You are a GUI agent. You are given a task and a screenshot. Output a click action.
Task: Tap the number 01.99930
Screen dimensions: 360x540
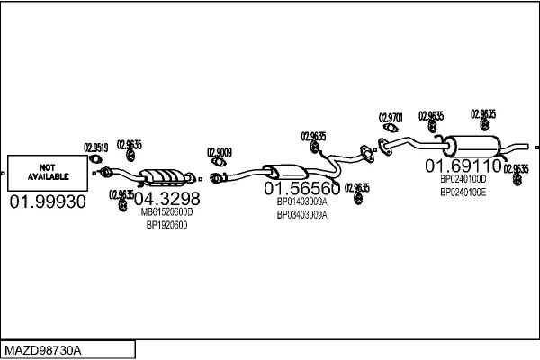point(47,202)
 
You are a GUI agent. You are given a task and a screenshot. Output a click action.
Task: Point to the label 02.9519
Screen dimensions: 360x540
point(96,148)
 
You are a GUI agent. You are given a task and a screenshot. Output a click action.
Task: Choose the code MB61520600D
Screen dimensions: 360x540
point(166,212)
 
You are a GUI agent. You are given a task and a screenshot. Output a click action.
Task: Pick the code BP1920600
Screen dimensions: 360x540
point(166,225)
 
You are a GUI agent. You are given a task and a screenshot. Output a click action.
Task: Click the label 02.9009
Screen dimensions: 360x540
point(220,151)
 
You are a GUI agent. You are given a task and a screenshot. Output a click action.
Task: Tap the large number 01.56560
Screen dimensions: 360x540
point(301,190)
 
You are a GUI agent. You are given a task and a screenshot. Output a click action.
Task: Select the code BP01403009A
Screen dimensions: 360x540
point(301,203)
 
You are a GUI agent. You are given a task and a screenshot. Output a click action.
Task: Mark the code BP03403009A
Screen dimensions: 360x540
point(301,215)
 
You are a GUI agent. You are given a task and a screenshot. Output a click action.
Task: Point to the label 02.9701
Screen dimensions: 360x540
point(391,117)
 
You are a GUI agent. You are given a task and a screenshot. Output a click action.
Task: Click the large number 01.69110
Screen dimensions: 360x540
point(463,166)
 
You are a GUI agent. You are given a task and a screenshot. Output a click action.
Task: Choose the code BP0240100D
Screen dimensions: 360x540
point(463,179)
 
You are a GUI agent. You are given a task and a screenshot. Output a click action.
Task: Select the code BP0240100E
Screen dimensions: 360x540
point(463,192)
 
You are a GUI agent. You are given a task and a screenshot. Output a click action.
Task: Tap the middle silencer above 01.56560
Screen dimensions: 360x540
point(286,172)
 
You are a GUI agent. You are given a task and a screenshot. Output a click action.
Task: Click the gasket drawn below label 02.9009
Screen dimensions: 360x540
point(217,164)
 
